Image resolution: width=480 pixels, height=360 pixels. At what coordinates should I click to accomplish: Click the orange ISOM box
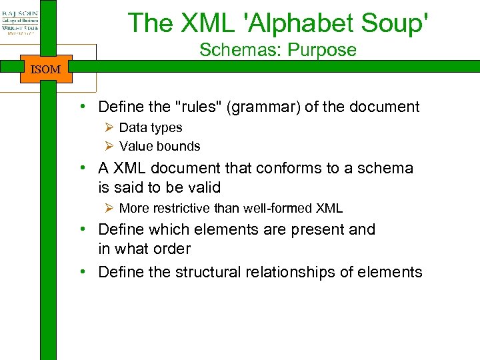(45, 69)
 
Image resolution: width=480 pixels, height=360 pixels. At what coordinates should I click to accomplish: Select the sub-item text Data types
(151, 127)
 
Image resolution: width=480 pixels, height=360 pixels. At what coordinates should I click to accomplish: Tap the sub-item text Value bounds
(160, 146)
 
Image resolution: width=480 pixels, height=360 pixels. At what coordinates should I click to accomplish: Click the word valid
(204, 187)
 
